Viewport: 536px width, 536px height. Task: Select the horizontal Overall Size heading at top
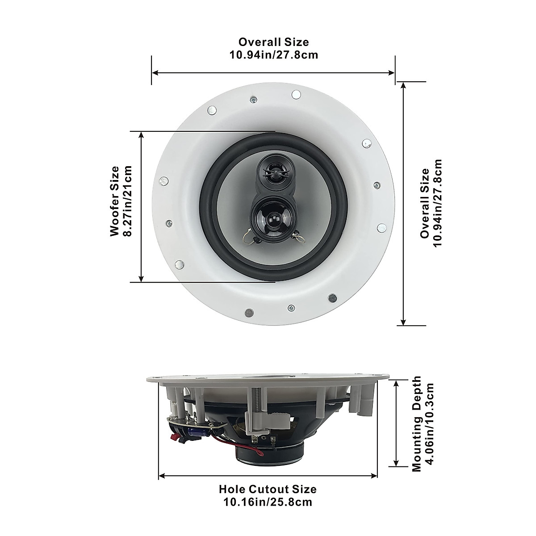[273, 42]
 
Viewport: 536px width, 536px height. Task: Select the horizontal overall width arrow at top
[273, 72]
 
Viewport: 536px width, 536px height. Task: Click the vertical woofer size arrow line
[142, 207]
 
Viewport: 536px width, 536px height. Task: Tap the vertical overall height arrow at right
[403, 203]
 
